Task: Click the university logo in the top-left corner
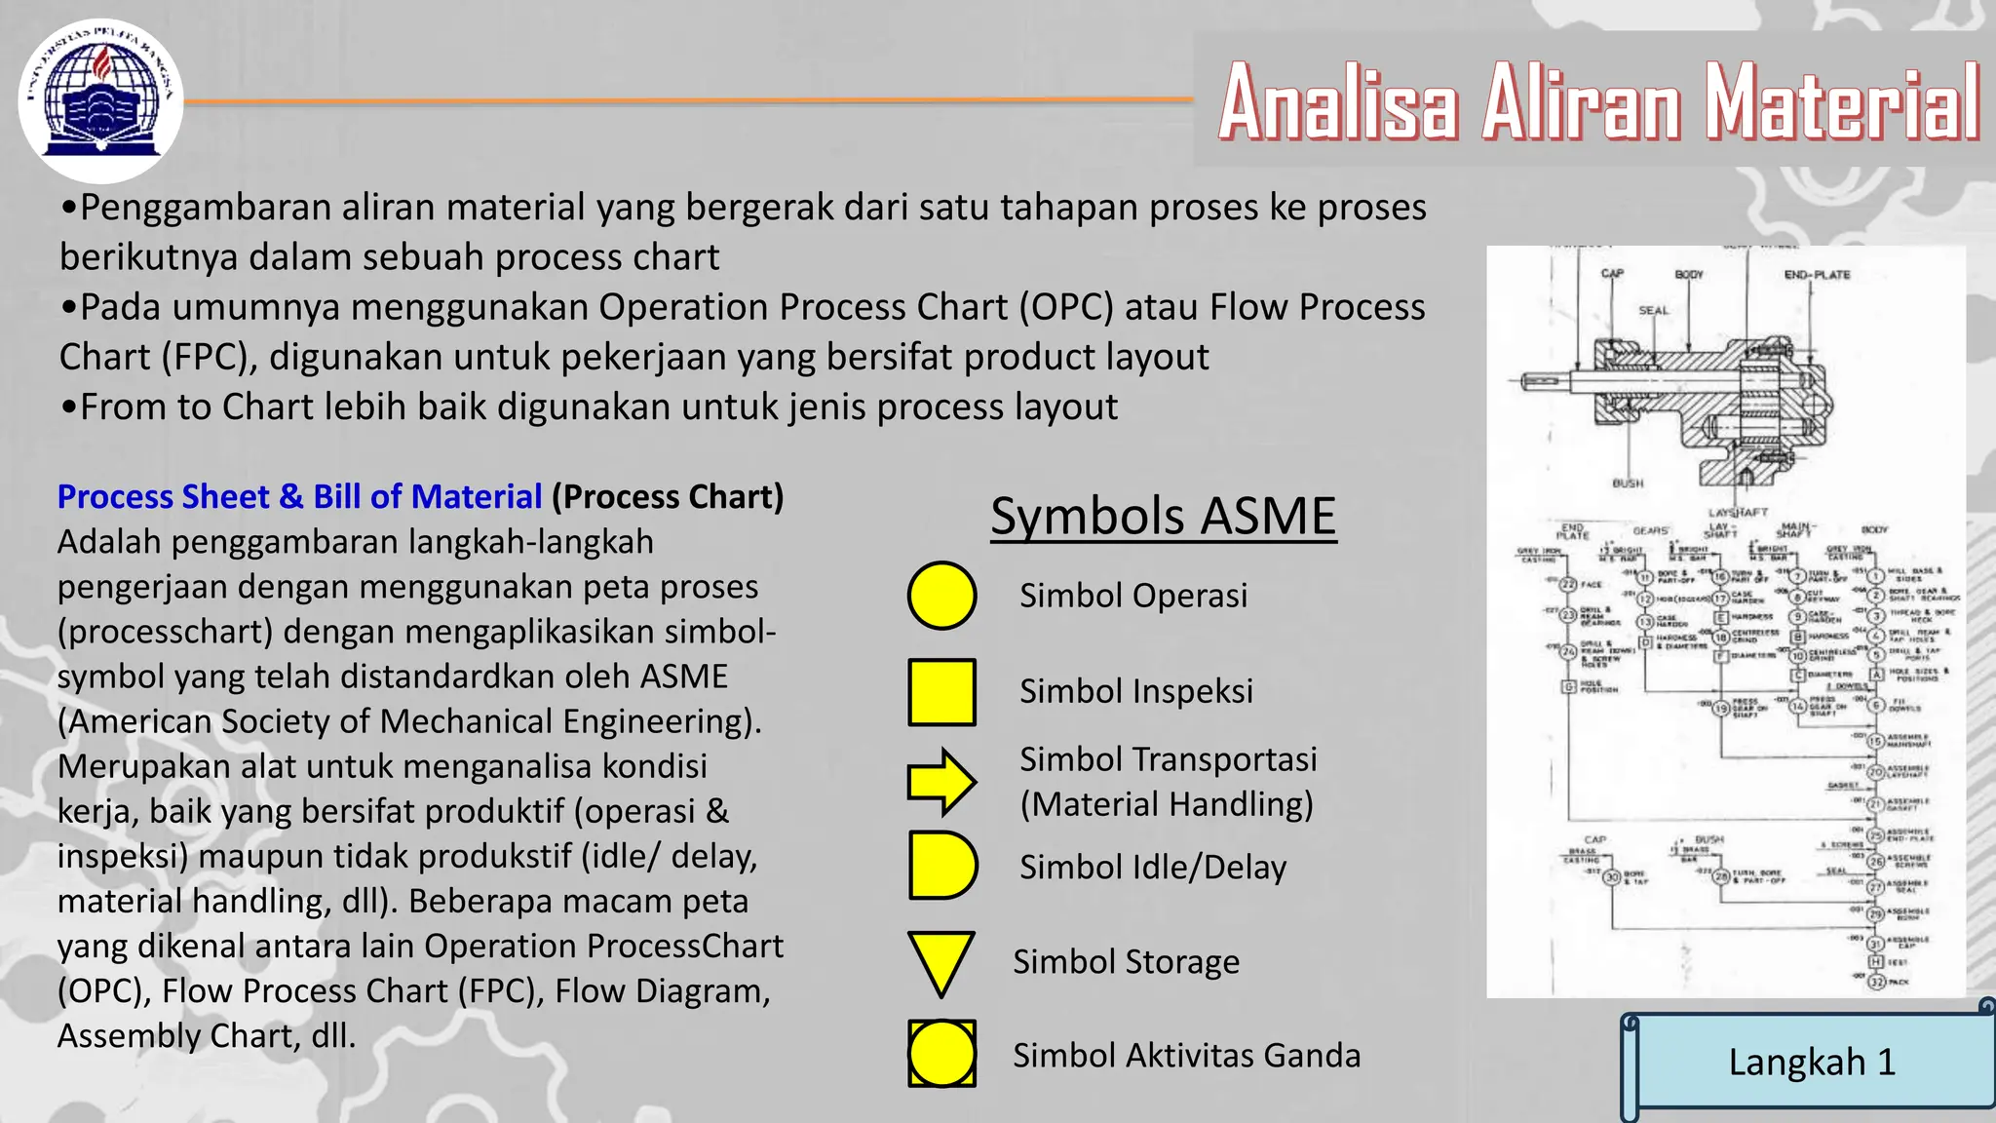point(100,100)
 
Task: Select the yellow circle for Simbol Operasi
point(941,595)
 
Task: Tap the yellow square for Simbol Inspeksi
point(941,692)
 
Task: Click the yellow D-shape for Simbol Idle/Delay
point(940,866)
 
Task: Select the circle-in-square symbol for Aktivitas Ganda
point(941,1054)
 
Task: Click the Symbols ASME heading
point(1163,516)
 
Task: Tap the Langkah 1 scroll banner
point(1811,1062)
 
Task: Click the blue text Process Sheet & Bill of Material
point(299,497)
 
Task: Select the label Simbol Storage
point(1126,962)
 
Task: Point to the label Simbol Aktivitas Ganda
point(1186,1056)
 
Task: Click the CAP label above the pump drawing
point(1612,274)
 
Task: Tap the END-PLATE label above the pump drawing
point(1817,275)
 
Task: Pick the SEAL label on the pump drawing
point(1653,311)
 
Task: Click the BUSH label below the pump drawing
point(1628,484)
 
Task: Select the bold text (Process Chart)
point(668,497)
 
